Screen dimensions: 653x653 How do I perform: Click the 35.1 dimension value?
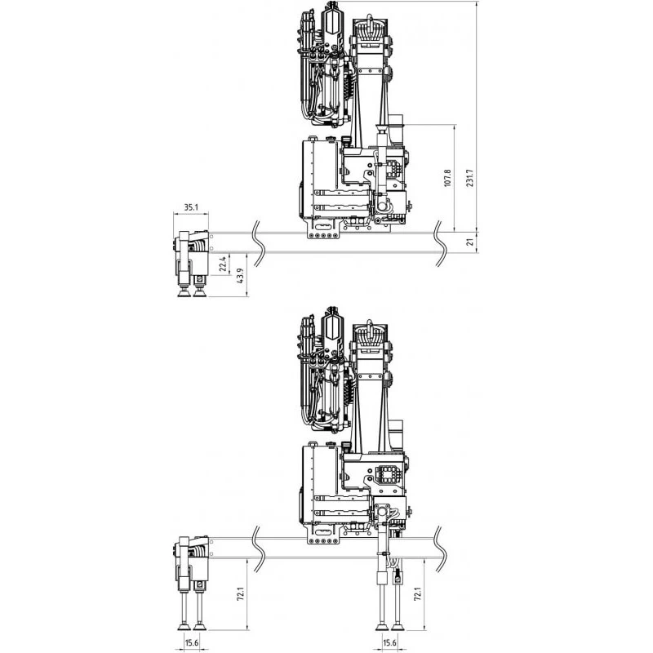(191, 207)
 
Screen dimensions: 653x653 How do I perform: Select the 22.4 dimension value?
(223, 264)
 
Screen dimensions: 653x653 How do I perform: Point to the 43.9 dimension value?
(240, 276)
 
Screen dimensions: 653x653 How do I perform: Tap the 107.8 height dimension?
(447, 178)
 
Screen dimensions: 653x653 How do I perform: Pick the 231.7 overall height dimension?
(470, 178)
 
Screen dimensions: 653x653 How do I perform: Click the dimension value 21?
(470, 242)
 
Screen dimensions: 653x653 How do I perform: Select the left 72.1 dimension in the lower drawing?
(240, 594)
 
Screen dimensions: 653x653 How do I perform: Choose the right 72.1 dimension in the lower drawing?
(417, 594)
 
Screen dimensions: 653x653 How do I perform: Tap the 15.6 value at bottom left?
(191, 643)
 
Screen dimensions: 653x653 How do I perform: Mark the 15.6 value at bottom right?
(389, 643)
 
